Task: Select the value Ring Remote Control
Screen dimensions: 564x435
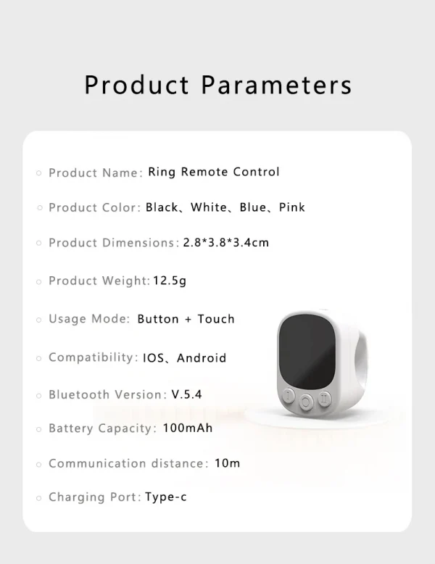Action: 213,172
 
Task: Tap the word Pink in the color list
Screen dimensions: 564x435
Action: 292,207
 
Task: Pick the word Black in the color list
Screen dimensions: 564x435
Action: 162,207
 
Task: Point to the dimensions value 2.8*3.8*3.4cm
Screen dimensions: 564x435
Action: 225,242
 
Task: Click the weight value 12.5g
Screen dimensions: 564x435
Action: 170,281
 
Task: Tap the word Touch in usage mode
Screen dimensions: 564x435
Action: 216,319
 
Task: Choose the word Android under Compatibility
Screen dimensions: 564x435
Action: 202,357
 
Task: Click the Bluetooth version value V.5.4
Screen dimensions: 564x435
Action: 186,395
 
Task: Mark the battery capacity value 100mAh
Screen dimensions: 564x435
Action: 188,428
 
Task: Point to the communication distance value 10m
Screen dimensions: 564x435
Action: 227,463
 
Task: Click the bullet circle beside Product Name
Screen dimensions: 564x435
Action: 39,173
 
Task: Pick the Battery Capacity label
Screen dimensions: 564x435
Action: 101,428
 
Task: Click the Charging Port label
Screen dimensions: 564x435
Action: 94,497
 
